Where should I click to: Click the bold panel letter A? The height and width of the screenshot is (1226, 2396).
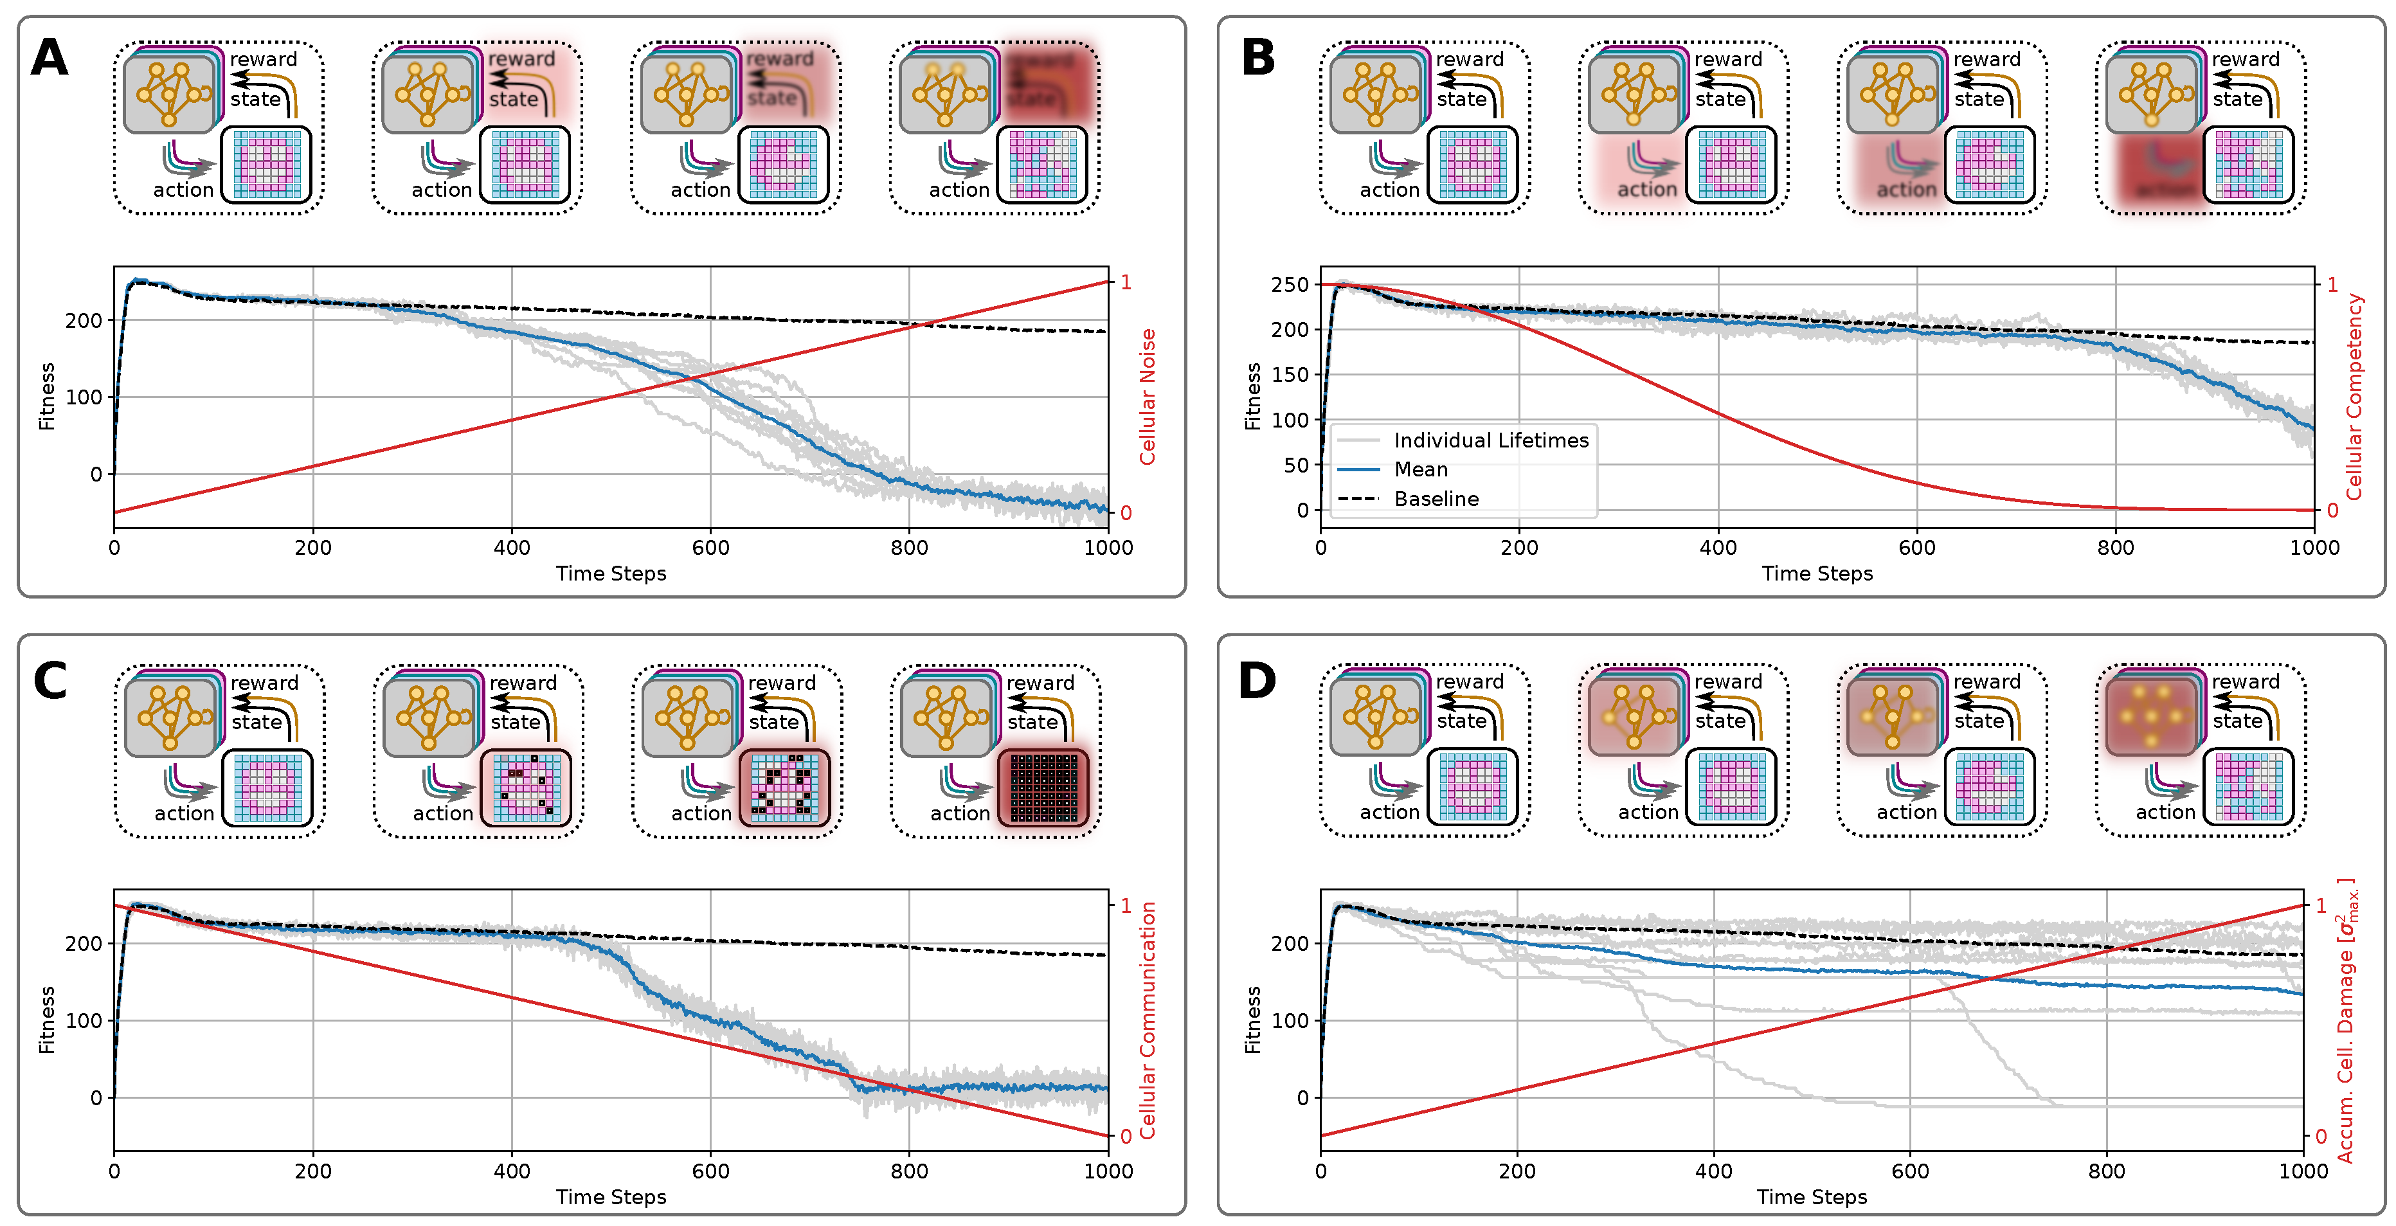point(50,58)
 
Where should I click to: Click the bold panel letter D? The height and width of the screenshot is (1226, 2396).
point(1257,681)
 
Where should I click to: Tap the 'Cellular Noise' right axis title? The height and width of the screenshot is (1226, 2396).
point(1148,397)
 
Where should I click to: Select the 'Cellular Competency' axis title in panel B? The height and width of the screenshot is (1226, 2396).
point(2354,397)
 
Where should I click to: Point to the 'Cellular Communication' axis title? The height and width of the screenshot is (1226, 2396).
point(1148,1020)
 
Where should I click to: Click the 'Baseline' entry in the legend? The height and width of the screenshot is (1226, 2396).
point(1436,500)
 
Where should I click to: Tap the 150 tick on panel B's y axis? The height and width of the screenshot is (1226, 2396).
point(1290,375)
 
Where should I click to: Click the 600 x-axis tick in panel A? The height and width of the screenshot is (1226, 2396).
point(710,548)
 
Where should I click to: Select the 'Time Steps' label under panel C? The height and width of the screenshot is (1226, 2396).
point(611,1197)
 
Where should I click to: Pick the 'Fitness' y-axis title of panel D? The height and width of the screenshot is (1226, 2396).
point(1253,1020)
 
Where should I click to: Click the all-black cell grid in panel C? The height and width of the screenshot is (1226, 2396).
point(1043,788)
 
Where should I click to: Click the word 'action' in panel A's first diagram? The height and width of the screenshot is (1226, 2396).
point(183,190)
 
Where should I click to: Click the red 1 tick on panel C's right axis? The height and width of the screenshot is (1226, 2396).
point(1126,905)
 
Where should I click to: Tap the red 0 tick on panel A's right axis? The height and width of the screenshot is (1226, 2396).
point(1126,512)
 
